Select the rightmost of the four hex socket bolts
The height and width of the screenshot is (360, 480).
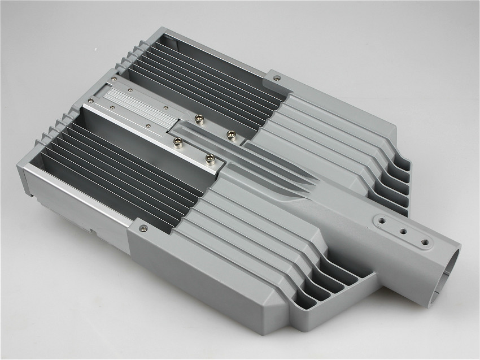click(230, 134)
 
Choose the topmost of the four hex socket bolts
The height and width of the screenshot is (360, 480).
click(198, 118)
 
